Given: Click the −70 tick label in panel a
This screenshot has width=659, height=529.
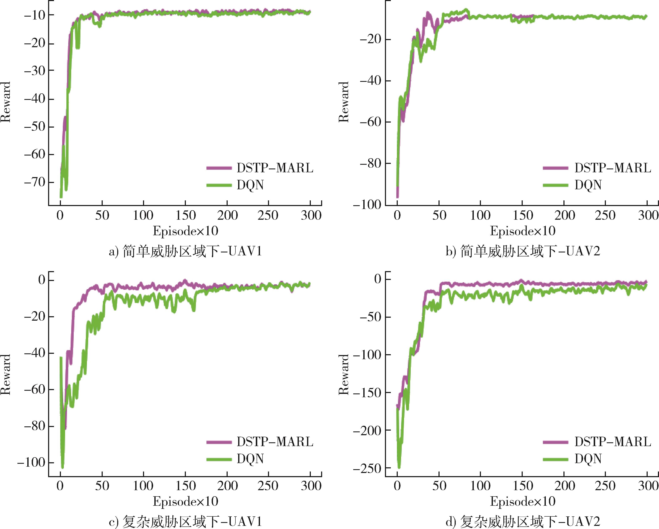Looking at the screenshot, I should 34,182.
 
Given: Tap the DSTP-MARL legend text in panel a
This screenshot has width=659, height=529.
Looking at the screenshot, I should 275,168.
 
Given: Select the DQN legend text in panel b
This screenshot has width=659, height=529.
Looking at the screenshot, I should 588,185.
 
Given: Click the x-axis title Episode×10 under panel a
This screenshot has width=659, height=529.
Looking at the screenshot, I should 185,231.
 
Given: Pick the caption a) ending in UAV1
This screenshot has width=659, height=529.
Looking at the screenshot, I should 185,252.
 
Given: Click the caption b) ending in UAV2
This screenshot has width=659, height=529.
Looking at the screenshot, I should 523,252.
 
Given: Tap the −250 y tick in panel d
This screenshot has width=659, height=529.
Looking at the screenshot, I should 367,468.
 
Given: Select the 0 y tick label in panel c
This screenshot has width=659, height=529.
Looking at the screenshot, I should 42,280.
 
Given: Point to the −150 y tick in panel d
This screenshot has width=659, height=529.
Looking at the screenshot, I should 367,392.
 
